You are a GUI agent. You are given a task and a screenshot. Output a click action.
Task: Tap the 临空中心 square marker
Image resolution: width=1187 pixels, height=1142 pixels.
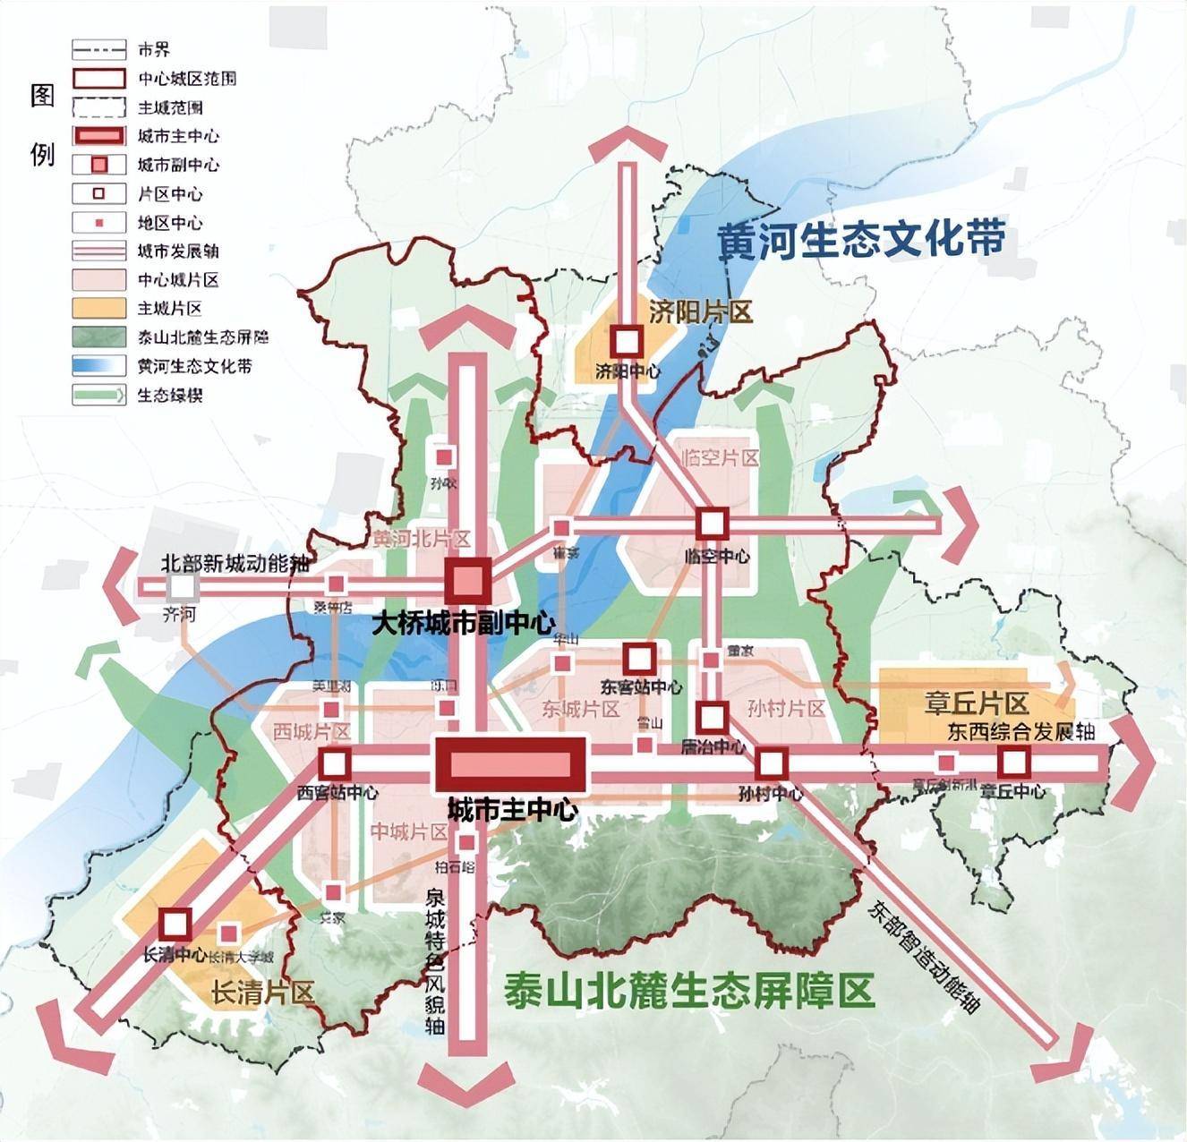click(x=712, y=524)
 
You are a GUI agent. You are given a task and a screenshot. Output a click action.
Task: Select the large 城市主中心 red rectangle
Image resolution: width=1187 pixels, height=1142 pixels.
click(x=509, y=764)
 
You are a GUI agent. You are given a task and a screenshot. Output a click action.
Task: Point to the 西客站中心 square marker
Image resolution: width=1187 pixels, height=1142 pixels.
click(x=335, y=764)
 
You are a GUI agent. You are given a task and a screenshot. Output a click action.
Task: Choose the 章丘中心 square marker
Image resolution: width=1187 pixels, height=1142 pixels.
click(x=1012, y=763)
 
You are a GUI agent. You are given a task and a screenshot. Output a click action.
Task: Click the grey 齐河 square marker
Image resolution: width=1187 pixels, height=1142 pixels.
click(x=182, y=587)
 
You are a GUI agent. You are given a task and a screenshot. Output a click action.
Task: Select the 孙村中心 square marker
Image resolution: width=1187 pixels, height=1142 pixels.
click(x=771, y=763)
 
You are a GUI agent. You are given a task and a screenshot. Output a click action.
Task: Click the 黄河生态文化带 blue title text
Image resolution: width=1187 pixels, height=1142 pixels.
click(x=862, y=240)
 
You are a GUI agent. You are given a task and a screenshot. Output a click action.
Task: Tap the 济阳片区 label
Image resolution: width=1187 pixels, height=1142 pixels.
click(x=701, y=311)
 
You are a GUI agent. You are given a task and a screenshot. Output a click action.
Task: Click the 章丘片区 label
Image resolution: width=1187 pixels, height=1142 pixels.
click(x=976, y=703)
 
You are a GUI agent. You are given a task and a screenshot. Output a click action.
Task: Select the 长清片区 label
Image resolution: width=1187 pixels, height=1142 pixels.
click(x=262, y=993)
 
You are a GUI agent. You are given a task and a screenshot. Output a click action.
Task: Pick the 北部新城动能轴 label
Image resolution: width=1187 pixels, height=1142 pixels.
click(x=235, y=564)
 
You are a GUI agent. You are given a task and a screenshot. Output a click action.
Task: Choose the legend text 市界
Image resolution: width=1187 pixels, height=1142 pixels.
click(x=154, y=50)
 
